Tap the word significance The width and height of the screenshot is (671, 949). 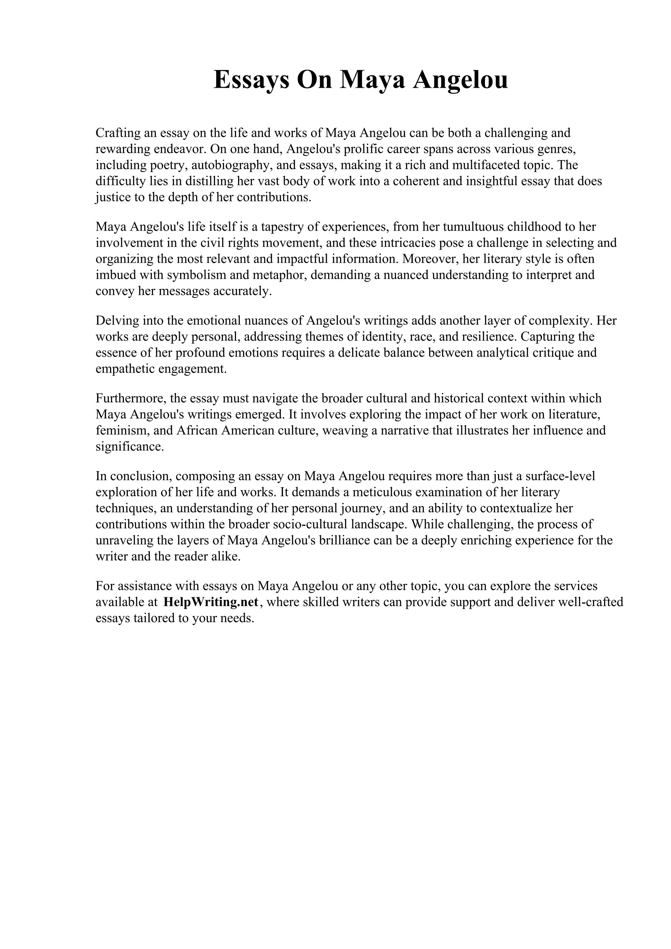[x=129, y=447]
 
